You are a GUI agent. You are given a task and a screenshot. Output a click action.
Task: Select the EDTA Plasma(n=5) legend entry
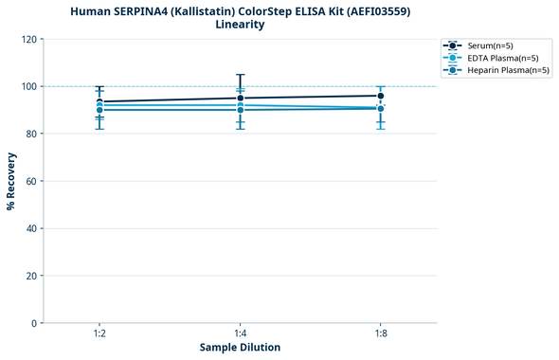coord(496,58)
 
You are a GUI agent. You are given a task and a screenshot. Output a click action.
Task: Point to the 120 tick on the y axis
coord(30,39)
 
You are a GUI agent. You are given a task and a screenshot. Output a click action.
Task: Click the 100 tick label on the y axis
coord(30,86)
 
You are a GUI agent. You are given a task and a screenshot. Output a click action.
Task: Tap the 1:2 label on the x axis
coord(99,334)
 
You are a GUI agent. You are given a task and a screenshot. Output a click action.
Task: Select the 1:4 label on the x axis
coord(240,334)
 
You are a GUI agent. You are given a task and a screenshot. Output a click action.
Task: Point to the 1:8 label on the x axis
coord(380,334)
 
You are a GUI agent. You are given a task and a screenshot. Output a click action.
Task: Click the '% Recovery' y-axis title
coord(11,181)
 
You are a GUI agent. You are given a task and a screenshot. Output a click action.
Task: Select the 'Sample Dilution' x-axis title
coord(240,348)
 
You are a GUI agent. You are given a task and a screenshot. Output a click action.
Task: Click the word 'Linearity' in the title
coord(240,25)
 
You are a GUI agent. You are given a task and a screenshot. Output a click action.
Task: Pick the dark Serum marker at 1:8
coord(380,96)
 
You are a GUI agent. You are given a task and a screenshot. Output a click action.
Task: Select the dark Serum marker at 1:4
coord(240,99)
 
